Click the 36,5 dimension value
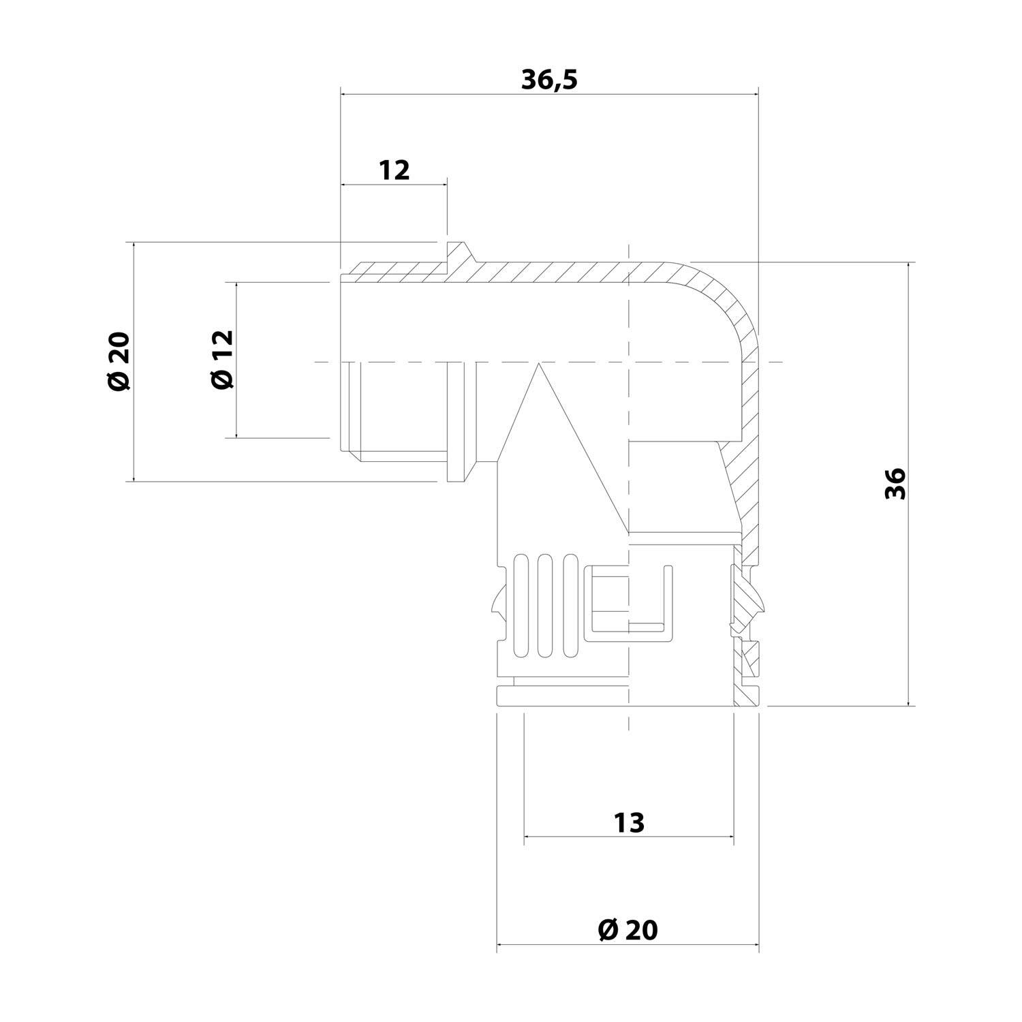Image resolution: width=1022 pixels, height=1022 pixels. (549, 80)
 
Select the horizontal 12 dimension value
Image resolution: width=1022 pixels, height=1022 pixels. (394, 170)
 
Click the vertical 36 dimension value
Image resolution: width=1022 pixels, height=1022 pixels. (895, 484)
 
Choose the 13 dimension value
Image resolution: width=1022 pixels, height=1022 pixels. (629, 823)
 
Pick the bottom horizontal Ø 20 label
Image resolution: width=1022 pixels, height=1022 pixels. (628, 929)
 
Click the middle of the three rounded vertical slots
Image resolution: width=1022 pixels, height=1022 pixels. (544, 606)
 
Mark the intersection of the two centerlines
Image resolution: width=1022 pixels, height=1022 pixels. (628, 361)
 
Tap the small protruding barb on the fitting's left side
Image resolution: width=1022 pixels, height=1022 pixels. (495, 603)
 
